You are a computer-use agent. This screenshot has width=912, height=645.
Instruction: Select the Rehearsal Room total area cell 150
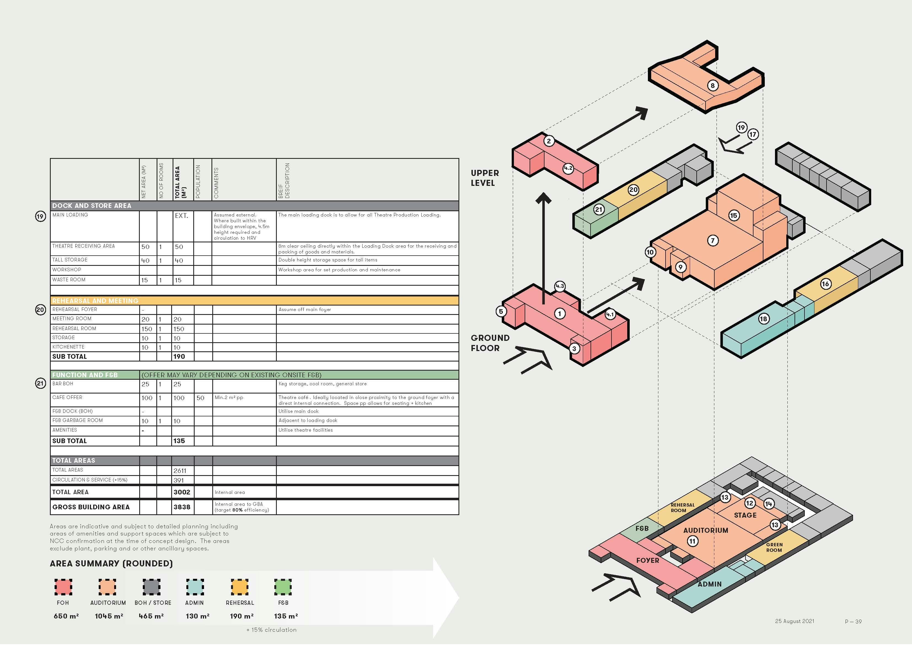tap(179, 329)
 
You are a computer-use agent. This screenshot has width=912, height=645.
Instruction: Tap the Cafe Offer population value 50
tap(201, 398)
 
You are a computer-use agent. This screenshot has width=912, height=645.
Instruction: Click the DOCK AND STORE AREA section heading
tap(92, 205)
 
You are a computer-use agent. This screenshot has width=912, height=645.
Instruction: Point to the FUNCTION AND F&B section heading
tap(85, 375)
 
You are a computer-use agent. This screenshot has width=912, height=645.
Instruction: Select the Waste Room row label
tap(69, 279)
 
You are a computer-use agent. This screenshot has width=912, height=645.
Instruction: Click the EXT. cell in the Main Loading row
tap(181, 215)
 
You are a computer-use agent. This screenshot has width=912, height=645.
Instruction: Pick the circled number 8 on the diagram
tap(713, 85)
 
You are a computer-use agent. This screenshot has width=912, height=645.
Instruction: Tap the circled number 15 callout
tap(733, 215)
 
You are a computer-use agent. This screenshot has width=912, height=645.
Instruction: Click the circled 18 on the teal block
tap(763, 319)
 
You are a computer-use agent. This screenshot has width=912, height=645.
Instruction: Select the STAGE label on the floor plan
tap(745, 515)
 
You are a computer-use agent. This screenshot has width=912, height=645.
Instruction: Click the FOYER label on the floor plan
tap(647, 560)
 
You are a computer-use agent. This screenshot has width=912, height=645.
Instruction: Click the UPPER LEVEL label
tap(485, 178)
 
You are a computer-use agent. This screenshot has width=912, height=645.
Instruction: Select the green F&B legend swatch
tap(283, 587)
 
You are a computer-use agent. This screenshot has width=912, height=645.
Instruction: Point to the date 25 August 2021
tap(795, 621)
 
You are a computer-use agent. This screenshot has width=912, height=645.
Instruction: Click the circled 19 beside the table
tap(41, 216)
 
